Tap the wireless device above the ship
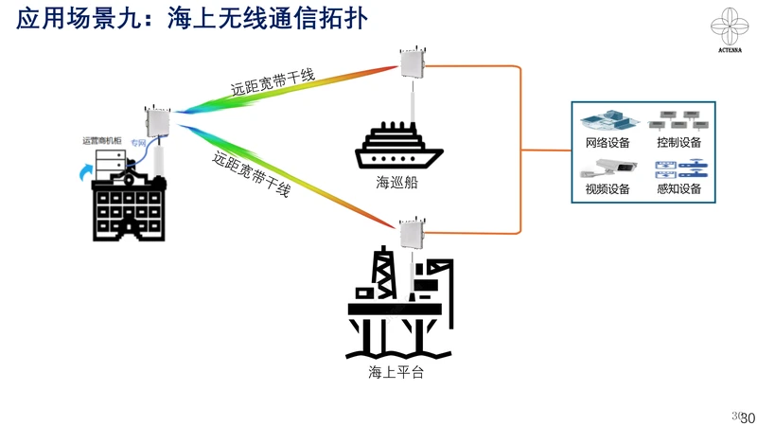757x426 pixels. tap(412, 64)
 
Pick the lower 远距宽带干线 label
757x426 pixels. tap(250, 175)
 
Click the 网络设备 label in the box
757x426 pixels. tap(607, 142)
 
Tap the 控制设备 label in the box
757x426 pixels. tap(678, 142)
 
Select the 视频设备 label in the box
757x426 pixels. tap(607, 188)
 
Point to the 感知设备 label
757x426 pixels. tap(678, 188)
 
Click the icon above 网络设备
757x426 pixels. tap(607, 120)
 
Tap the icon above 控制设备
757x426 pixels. tap(678, 120)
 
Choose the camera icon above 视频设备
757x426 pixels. tap(605, 169)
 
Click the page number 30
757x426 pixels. tap(747, 418)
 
